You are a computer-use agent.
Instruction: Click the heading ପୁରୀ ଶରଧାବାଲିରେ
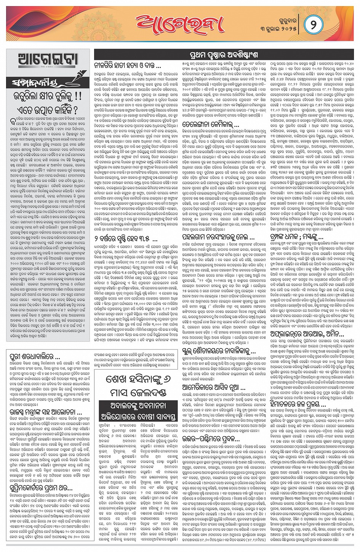pyautogui.click(x=35, y=357)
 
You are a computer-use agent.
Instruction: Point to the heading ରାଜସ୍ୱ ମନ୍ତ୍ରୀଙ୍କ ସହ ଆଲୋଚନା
pyautogui.click(x=46, y=412)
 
